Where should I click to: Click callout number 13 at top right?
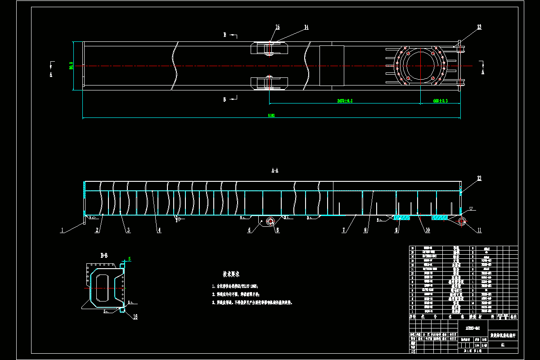click(479, 27)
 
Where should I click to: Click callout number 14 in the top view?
click(306, 27)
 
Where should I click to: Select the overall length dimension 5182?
click(271, 116)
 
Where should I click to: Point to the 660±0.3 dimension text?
click(441, 101)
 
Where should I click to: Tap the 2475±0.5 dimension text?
click(345, 101)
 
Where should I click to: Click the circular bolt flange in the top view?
click(419, 66)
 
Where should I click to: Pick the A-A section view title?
click(275, 171)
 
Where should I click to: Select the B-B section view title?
click(104, 256)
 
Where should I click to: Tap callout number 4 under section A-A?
click(159, 230)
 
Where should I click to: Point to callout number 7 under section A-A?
click(344, 230)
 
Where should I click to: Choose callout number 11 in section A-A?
click(479, 230)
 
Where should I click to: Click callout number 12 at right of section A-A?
click(479, 179)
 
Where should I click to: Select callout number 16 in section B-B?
click(135, 317)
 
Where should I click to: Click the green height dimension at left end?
click(71, 66)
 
